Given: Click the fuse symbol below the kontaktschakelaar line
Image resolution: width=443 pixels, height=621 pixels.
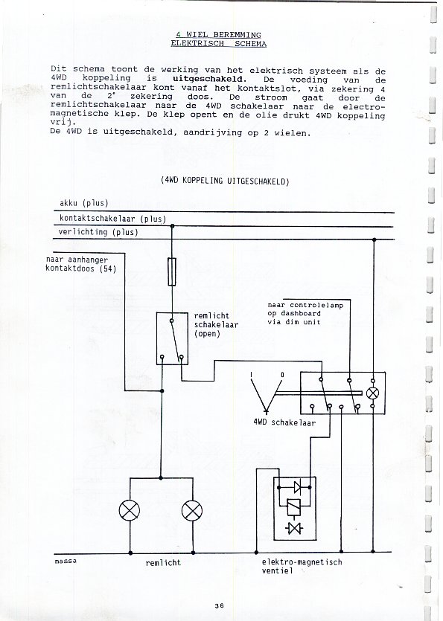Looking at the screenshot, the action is tap(172, 271).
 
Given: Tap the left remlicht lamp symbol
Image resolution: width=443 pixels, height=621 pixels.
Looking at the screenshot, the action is tap(130, 509).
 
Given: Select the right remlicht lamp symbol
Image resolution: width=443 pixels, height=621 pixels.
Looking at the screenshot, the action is tap(192, 510).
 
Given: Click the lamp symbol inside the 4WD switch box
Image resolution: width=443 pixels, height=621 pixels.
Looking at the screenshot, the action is tap(372, 393).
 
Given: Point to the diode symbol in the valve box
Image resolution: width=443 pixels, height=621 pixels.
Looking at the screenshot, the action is tap(296, 487).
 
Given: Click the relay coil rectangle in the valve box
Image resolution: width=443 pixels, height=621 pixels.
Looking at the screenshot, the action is tap(293, 506).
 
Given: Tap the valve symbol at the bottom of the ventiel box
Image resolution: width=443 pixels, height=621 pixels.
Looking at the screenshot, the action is tap(294, 528).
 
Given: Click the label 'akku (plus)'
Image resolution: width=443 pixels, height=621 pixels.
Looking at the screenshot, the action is tap(83, 203).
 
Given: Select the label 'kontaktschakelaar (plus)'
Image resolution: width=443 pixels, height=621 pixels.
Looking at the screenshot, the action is tap(112, 219).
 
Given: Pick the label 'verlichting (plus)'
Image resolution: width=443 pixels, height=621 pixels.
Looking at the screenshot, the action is tap(98, 232).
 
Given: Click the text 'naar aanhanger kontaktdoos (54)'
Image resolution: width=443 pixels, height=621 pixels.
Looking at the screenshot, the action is tap(81, 264).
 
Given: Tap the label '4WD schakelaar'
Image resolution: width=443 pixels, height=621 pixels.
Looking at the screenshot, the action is tap(284, 422).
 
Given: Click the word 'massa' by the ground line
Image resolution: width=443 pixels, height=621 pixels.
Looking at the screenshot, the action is tap(66, 561).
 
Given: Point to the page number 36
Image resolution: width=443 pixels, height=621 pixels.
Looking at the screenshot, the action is tap(220, 605).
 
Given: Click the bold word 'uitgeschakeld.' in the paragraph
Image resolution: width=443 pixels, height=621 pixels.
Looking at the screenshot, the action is tap(209, 79).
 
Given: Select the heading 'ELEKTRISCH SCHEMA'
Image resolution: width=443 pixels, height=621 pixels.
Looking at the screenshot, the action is tap(219, 44).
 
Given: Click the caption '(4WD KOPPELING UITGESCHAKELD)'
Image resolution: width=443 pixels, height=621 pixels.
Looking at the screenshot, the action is tap(225, 181).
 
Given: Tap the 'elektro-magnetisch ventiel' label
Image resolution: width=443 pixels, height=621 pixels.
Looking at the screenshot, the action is tap(302, 567).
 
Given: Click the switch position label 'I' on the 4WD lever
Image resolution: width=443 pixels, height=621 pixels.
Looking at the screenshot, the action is tap(252, 375).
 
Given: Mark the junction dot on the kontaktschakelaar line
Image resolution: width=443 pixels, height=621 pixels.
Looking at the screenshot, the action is tap(172, 226).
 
